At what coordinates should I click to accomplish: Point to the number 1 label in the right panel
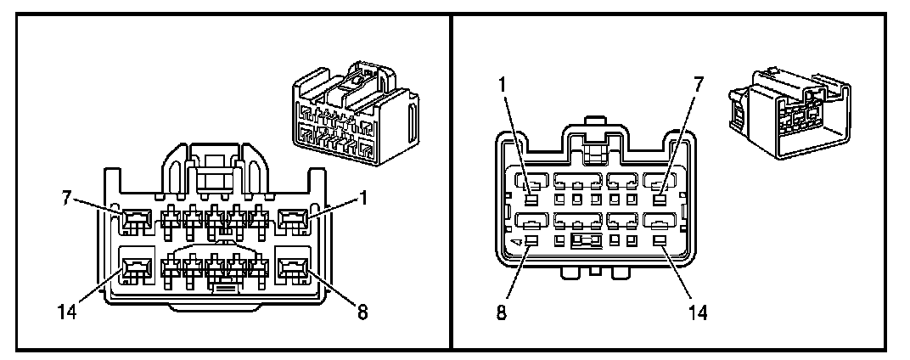(502, 85)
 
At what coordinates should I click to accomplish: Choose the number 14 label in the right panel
(698, 311)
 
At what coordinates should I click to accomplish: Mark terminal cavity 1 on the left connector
(294, 222)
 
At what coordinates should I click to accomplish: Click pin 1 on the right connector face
(530, 200)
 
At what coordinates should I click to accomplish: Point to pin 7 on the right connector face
(659, 200)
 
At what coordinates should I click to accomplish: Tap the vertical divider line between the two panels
(450, 180)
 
